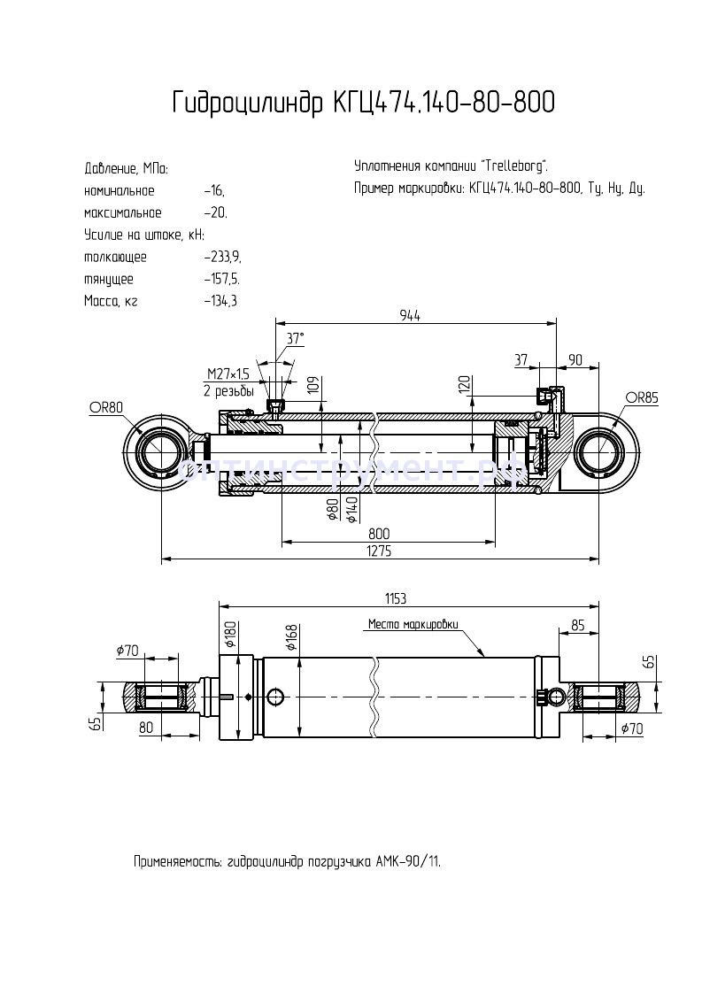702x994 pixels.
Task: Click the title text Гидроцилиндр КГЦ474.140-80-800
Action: (363, 104)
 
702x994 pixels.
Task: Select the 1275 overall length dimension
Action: (380, 551)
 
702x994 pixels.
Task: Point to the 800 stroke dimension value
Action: (379, 534)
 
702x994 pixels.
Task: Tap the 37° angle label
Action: (295, 338)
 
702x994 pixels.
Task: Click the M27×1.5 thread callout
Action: (228, 374)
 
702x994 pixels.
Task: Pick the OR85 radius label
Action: (642, 397)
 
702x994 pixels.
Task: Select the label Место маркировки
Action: (413, 624)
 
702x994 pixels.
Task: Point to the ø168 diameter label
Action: (289, 634)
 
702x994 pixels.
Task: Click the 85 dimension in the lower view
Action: (577, 624)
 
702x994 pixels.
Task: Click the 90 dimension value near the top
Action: (575, 359)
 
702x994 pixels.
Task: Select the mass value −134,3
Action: (220, 301)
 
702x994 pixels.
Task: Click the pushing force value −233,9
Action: (221, 257)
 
